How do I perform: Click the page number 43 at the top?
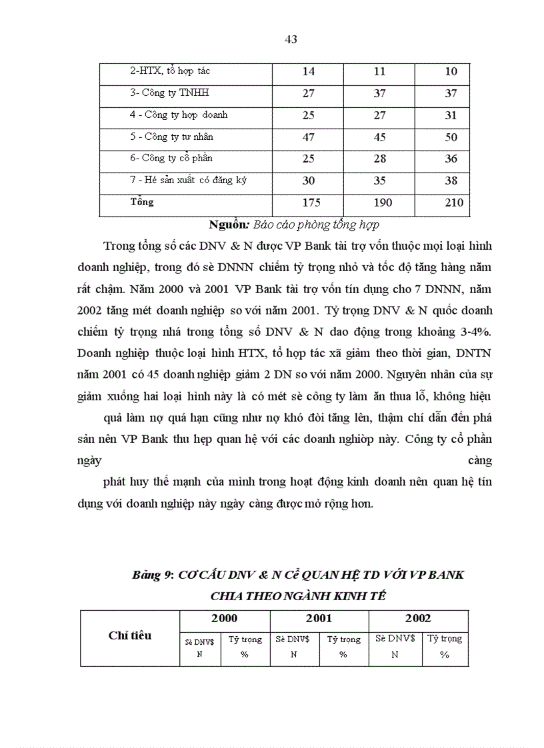[291, 39]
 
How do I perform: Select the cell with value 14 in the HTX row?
[308, 72]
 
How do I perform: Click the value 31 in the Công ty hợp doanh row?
[451, 115]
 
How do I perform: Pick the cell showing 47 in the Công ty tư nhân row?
[308, 137]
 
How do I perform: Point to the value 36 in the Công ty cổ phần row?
[451, 159]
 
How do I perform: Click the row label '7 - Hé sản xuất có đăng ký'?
[188, 181]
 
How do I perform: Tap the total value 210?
[453, 202]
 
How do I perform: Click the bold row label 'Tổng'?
[141, 202]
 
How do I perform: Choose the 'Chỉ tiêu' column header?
[130, 635]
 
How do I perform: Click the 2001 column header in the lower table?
[319, 618]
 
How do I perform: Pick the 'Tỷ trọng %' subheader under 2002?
[445, 646]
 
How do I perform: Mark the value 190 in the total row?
[379, 202]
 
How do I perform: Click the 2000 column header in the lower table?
[224, 618]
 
